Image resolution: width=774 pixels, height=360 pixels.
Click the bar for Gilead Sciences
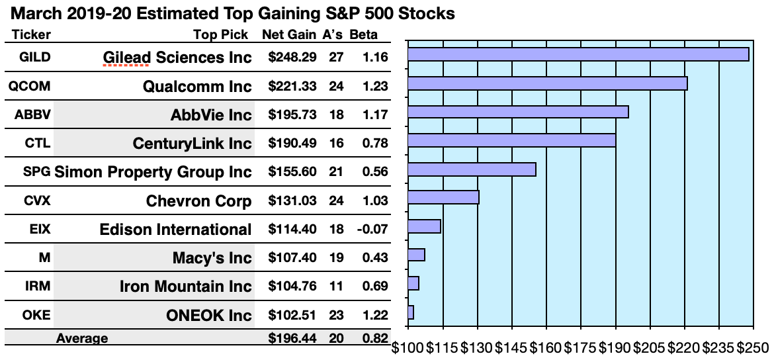[x=578, y=54]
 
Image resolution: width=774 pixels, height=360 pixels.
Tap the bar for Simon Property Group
[x=472, y=169]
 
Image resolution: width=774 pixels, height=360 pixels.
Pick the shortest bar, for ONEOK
[x=411, y=312]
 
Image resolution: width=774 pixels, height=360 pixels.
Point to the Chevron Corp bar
[x=443, y=197]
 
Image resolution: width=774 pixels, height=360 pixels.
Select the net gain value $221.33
[x=292, y=86]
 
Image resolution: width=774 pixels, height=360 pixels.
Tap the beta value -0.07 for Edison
[x=374, y=229]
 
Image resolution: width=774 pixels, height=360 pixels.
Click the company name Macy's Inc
[x=212, y=257]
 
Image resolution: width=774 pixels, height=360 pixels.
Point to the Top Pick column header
[x=221, y=35]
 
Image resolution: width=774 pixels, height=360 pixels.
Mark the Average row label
[x=82, y=339]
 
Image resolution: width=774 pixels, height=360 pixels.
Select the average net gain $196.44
[x=292, y=339]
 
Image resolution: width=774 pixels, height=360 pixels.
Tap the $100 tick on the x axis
[x=408, y=347]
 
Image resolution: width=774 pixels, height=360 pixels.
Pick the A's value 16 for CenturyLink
[x=336, y=144]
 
